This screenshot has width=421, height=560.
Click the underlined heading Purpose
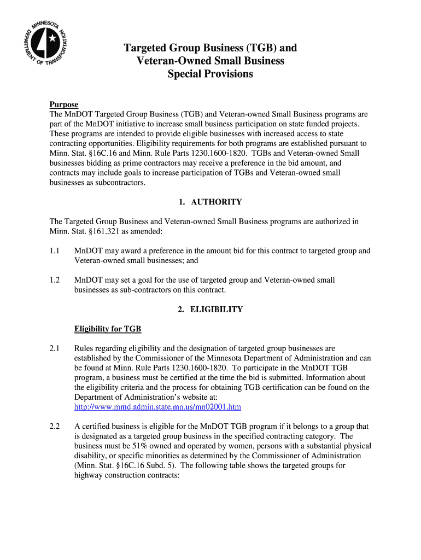pos(64,104)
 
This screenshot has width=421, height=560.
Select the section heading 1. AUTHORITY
pos(210,202)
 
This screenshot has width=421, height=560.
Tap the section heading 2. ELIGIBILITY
pos(210,309)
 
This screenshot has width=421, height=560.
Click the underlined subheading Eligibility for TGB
pos(108,329)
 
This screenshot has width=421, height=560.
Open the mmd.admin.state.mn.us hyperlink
pos(157,407)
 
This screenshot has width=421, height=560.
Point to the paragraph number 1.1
pos(54,250)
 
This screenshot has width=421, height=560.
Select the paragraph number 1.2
pos(54,280)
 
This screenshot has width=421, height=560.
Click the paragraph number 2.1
pos(54,348)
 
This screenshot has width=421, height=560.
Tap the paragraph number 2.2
pos(54,426)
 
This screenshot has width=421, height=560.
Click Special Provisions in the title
pos(210,74)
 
